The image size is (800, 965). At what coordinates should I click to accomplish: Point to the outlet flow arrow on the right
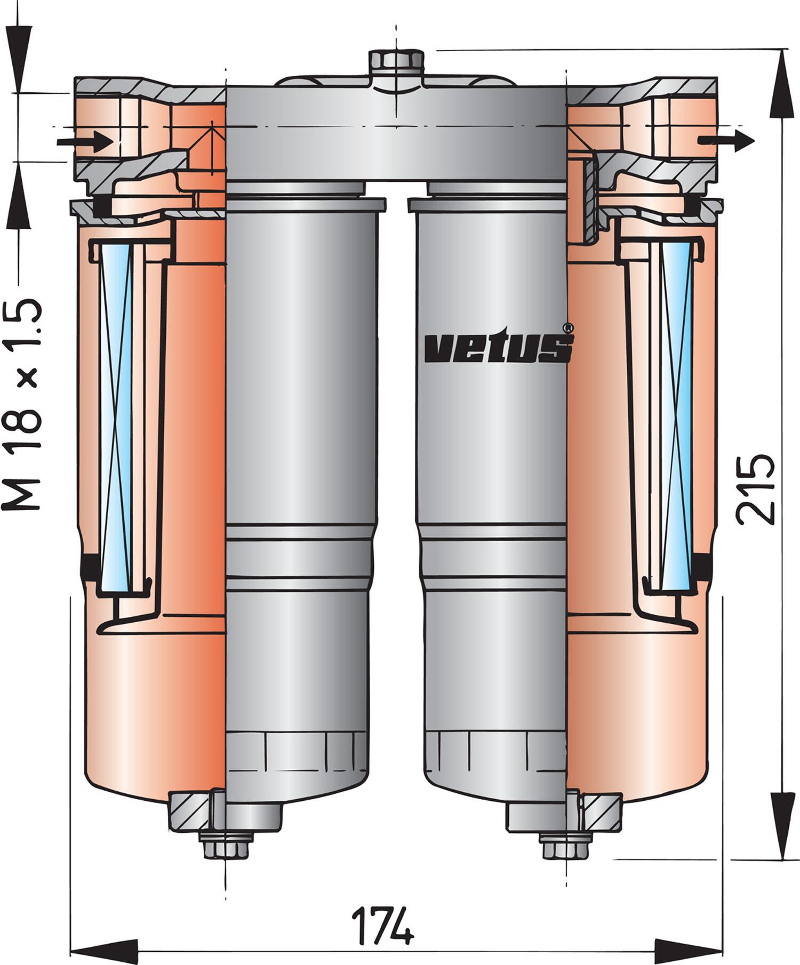click(x=726, y=140)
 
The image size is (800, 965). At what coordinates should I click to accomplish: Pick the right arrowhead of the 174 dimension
click(x=689, y=950)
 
